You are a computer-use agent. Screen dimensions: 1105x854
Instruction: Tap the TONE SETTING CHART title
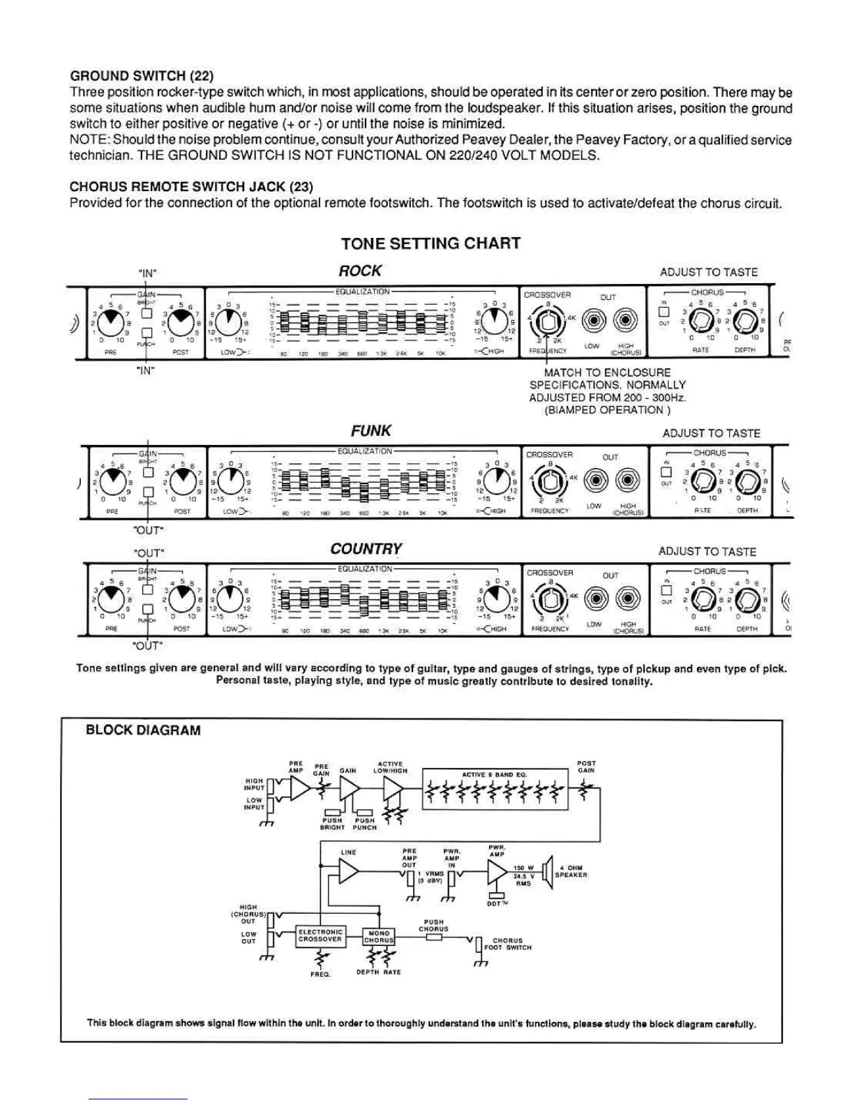point(430,243)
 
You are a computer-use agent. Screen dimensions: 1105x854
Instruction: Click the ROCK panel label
point(360,271)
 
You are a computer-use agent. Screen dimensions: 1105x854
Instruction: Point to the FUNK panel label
point(370,430)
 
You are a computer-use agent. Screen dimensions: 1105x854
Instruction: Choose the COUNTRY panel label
point(366,549)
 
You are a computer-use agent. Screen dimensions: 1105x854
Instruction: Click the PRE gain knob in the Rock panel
point(107,322)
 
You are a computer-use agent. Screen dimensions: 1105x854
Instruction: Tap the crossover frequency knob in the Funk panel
point(548,481)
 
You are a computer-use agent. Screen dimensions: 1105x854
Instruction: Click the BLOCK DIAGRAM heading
point(143,730)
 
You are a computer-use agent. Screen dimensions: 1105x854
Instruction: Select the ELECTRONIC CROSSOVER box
point(320,935)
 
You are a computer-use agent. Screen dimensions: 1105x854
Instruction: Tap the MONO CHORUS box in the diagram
point(379,936)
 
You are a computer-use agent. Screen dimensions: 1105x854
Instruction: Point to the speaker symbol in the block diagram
point(546,871)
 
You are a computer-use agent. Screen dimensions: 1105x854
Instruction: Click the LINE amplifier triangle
point(348,871)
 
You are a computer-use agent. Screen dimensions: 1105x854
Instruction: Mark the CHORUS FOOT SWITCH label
point(511,944)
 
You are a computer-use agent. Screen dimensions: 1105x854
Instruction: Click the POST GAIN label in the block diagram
point(586,767)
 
